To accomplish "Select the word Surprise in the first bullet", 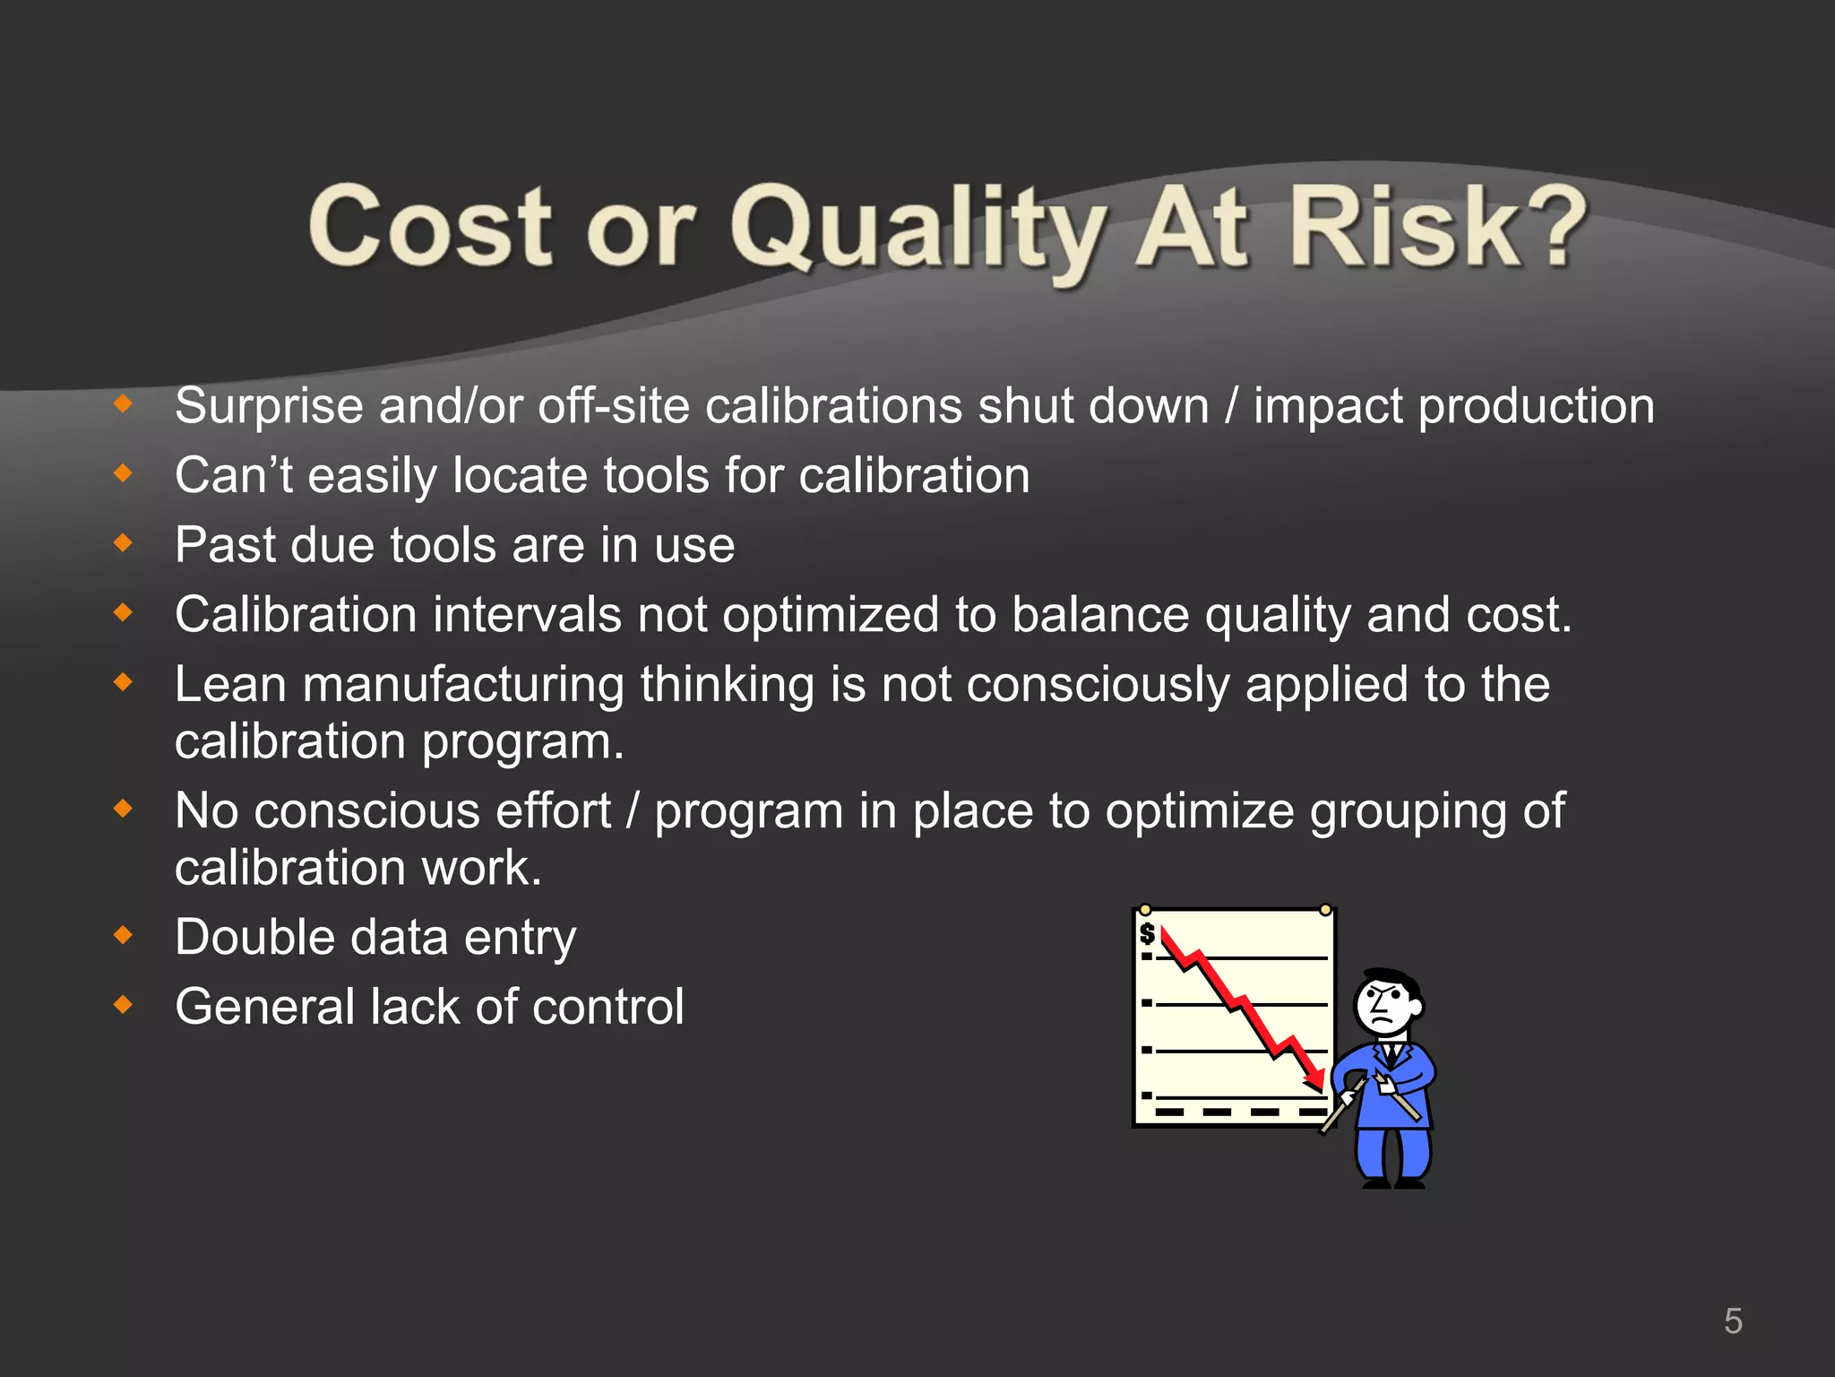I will coord(269,407).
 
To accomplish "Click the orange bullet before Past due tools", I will coord(124,543).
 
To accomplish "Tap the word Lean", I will coord(230,685).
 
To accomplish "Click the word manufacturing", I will coord(463,685).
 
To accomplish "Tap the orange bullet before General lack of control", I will coord(124,1006).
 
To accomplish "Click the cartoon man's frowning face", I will coord(1384,1007).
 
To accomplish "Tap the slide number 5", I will coord(1733,1321).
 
